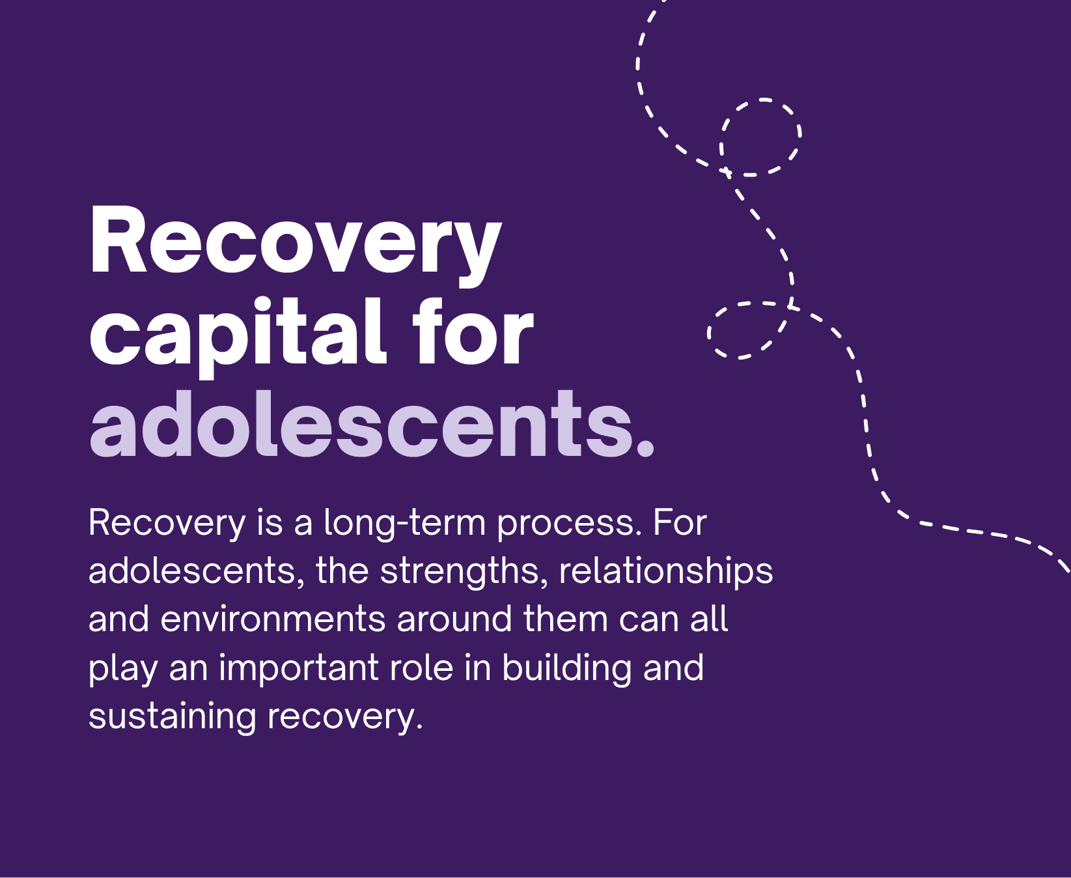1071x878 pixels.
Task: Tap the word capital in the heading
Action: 238,335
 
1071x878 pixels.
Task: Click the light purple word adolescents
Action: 361,424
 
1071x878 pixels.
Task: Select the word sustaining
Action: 172,717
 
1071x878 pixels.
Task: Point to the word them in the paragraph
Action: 566,619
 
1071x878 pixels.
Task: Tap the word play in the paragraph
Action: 123,669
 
